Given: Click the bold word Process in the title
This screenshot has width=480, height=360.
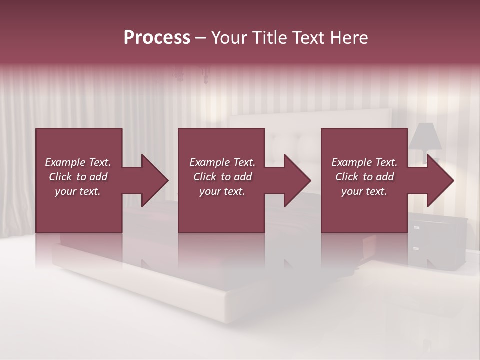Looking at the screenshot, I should pyautogui.click(x=157, y=37).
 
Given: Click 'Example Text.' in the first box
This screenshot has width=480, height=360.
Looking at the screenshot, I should pyautogui.click(x=78, y=162).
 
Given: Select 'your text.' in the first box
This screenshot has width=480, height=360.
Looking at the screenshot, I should pyautogui.click(x=78, y=191).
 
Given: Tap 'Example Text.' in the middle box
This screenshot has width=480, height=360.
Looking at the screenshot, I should pyautogui.click(x=222, y=162).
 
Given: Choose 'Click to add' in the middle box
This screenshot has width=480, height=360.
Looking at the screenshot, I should pyautogui.click(x=222, y=177).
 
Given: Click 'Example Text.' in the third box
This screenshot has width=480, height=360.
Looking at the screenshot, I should pyautogui.click(x=364, y=162).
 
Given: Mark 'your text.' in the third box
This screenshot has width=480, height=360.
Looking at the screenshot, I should pyautogui.click(x=364, y=191).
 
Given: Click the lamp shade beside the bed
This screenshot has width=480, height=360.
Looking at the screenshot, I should pyautogui.click(x=425, y=136).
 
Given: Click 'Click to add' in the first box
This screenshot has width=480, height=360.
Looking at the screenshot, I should pyautogui.click(x=78, y=177).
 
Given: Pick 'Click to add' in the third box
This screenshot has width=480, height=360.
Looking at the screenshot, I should pyautogui.click(x=364, y=177).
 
